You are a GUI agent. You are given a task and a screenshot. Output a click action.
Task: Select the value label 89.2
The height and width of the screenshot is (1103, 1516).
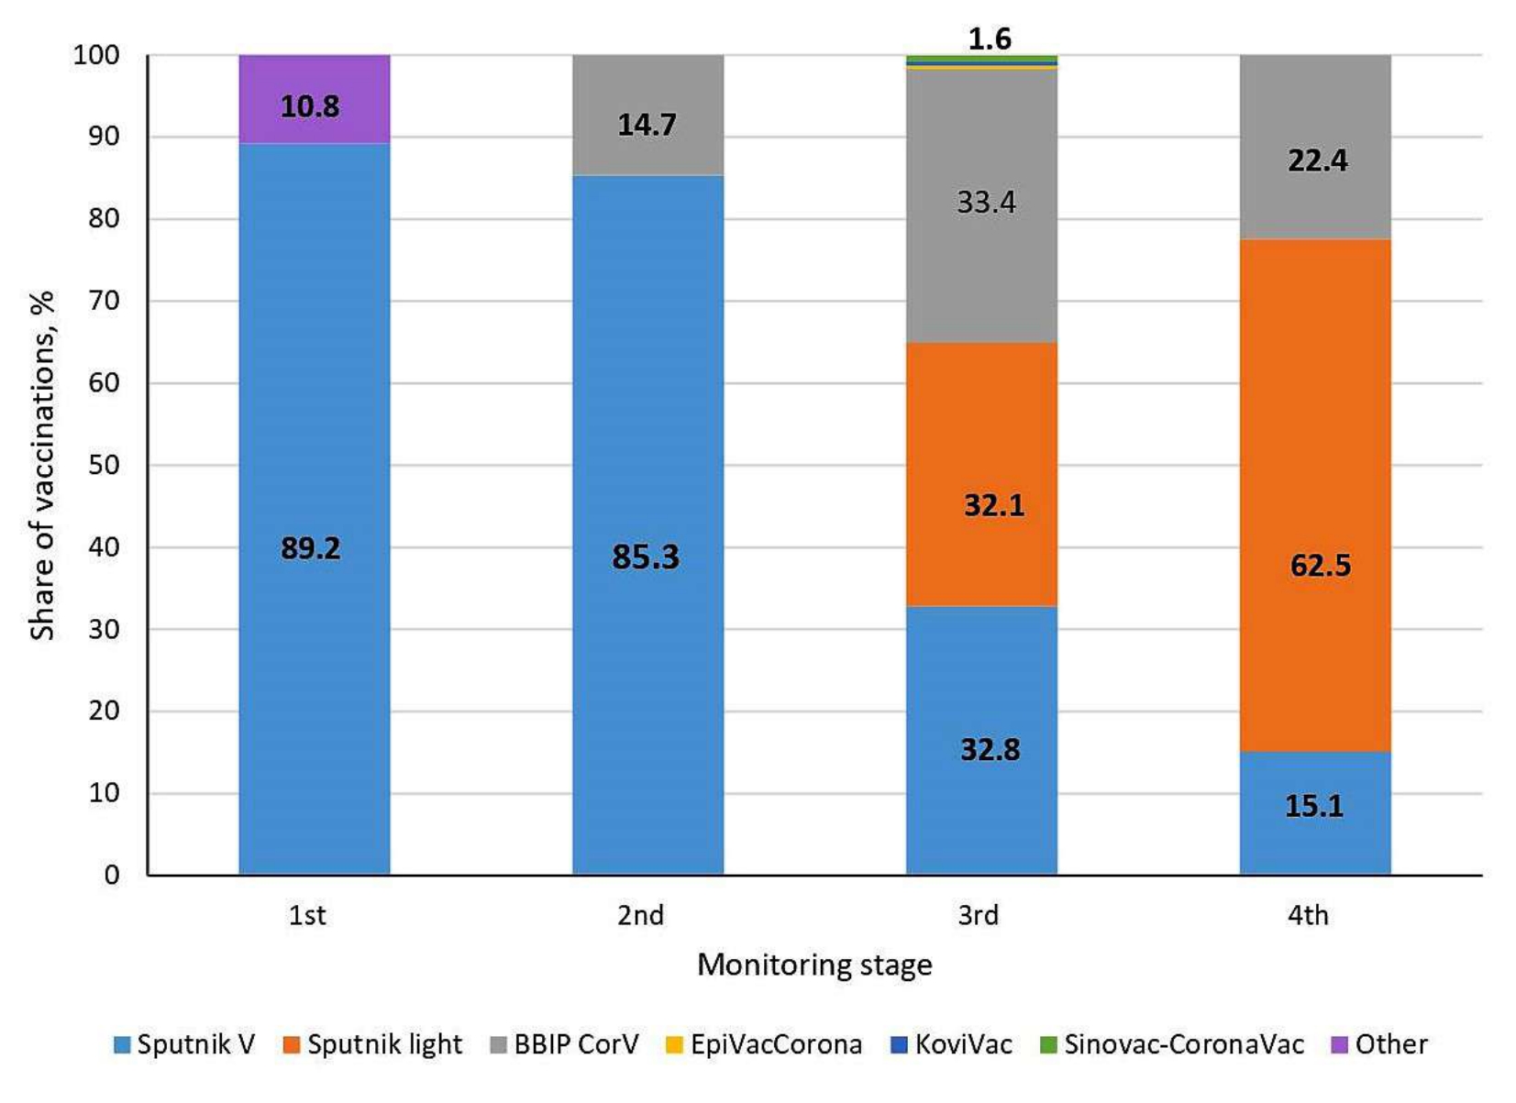click(310, 548)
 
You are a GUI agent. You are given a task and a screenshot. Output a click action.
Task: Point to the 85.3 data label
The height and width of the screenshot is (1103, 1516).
click(646, 557)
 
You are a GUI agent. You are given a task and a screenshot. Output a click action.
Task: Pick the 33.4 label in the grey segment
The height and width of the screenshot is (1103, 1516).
click(986, 202)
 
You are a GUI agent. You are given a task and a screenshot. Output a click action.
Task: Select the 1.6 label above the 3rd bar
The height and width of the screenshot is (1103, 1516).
click(990, 39)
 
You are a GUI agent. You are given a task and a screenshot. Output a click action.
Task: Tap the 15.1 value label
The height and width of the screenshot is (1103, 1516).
click(1314, 806)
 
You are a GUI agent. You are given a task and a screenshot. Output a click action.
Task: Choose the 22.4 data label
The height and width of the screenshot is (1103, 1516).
click(1318, 160)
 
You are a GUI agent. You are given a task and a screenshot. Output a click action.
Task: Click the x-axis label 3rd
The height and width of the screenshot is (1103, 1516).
click(978, 915)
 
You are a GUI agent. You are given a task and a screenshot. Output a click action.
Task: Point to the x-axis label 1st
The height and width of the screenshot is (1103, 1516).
click(307, 915)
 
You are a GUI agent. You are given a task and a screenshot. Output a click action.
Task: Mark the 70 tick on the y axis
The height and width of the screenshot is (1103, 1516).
click(105, 301)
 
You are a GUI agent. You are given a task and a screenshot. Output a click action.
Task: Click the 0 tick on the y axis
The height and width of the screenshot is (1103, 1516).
click(112, 875)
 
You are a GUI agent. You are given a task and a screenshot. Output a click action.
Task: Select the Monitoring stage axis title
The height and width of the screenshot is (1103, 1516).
click(814, 965)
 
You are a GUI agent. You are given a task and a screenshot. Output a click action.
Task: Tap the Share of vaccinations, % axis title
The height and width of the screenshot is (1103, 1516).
click(42, 465)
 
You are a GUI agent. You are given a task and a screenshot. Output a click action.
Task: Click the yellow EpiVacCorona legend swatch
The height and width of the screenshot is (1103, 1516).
click(674, 1044)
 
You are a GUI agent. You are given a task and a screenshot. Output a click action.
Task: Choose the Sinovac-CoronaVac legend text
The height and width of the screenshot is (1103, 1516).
click(1183, 1044)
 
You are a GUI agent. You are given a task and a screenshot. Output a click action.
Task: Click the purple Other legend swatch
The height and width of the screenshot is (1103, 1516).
click(1339, 1044)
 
